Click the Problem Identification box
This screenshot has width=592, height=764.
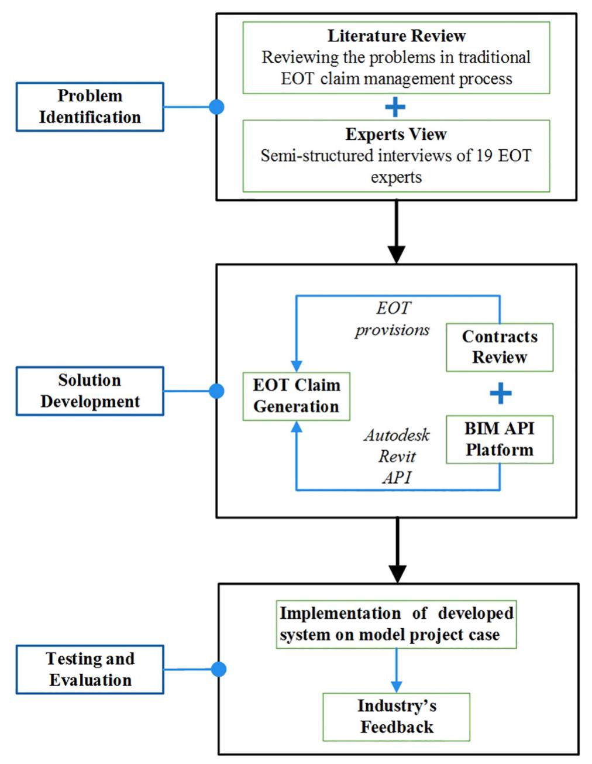[90, 107]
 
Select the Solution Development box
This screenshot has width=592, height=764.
[90, 391]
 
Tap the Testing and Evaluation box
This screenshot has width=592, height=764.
[90, 670]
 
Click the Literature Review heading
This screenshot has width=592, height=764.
[396, 36]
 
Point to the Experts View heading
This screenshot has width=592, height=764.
[396, 134]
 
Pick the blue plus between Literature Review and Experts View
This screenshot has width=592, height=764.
[395, 107]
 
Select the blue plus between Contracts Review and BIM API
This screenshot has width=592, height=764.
[500, 393]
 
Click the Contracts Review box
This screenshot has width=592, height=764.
[500, 347]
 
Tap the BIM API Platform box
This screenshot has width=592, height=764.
[500, 440]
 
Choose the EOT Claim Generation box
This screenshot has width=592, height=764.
[296, 396]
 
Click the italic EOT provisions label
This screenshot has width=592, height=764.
[393, 319]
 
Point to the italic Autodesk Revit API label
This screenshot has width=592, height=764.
[397, 456]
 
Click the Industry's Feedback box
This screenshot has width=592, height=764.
[396, 717]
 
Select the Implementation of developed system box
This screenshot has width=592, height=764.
[396, 624]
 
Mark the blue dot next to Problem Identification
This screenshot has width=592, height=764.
[216, 107]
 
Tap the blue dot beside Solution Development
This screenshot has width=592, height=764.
[216, 391]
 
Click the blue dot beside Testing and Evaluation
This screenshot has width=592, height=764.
[218, 669]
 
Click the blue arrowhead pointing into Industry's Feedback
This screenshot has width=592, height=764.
[396, 687]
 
